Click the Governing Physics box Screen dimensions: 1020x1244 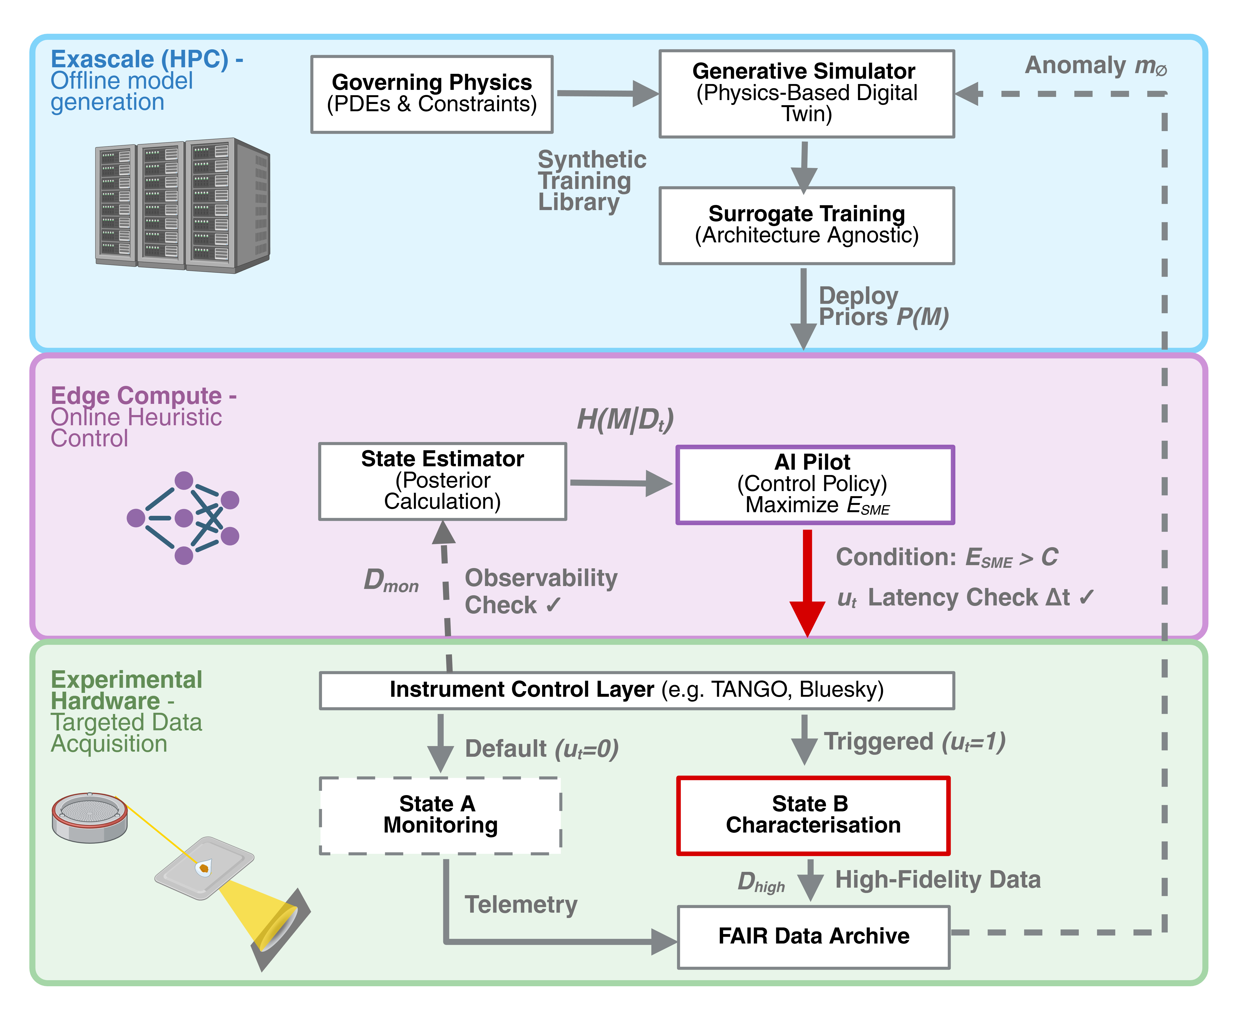click(432, 94)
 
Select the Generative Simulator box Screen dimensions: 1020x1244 click(806, 93)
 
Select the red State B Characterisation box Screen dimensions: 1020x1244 click(813, 815)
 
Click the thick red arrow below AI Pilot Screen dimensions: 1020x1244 click(807, 582)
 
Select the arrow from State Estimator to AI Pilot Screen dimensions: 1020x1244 click(620, 483)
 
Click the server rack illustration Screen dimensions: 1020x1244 click(182, 206)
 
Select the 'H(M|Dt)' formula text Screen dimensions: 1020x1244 click(625, 419)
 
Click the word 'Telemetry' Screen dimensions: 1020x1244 click(521, 905)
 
